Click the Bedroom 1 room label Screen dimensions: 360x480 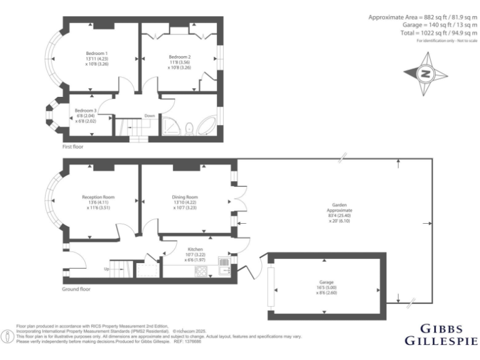[97, 53]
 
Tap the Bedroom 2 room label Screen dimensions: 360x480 [179, 57]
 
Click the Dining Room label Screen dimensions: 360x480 [185, 197]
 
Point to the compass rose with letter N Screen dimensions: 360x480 [425, 73]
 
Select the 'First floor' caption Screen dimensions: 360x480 [73, 147]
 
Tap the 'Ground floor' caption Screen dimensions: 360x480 [76, 289]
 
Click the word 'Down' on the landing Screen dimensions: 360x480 [150, 116]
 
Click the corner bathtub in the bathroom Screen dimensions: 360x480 [206, 126]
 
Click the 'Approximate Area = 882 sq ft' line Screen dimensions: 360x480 [422, 16]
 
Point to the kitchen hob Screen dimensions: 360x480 [202, 271]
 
